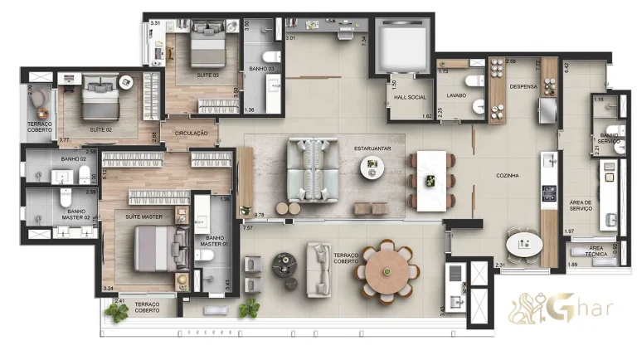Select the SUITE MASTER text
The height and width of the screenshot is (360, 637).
pos(143,216)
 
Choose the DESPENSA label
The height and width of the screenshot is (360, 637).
pos(523,86)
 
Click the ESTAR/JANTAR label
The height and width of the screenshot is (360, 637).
pos(371,149)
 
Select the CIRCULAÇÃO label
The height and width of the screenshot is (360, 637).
pos(190,133)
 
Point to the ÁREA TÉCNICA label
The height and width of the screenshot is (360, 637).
pos(595,251)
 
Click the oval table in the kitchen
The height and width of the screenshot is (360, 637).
pos(524,244)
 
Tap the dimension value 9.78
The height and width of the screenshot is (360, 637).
pos(259,215)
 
